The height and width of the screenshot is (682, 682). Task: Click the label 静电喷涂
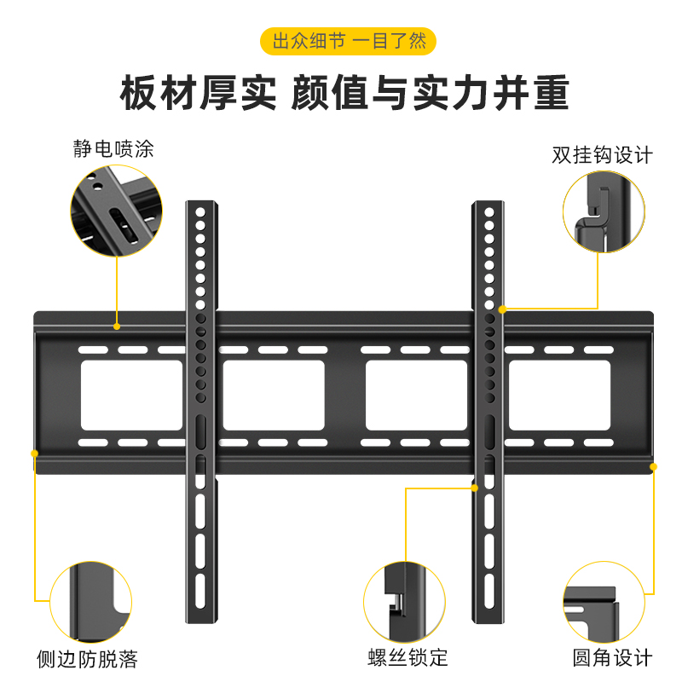tap(113, 150)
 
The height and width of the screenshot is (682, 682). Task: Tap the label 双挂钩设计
tap(602, 155)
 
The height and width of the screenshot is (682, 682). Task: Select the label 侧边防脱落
tap(87, 658)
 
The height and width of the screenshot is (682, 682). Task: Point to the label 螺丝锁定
tap(407, 658)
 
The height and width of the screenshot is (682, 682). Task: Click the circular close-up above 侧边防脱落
tap(91, 602)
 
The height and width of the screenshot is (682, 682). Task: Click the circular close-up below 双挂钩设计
tap(602, 211)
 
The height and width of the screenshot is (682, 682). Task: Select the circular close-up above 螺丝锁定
tap(405, 602)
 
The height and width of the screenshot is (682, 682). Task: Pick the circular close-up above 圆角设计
tap(604, 602)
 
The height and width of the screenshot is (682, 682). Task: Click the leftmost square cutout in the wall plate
tap(131, 395)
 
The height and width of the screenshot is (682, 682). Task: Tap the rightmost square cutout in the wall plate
tap(560, 395)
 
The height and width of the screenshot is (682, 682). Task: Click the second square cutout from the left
tap(274, 395)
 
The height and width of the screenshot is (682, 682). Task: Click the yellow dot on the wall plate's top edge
tap(117, 326)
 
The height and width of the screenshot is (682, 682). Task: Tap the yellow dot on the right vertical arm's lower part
tap(475, 488)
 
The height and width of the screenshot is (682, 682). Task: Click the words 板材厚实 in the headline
tap(199, 93)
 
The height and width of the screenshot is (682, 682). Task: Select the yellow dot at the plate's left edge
tap(35, 452)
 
